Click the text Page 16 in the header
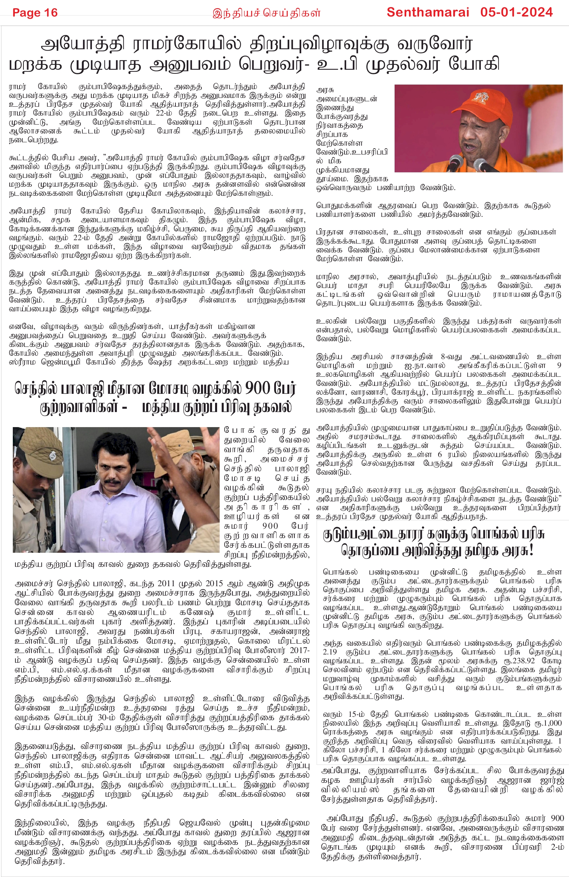pyautogui.click(x=35, y=13)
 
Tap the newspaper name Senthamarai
pyautogui.click(x=428, y=12)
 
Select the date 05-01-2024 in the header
pyautogui.click(x=516, y=12)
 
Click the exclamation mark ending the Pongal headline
pyautogui.click(x=531, y=551)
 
